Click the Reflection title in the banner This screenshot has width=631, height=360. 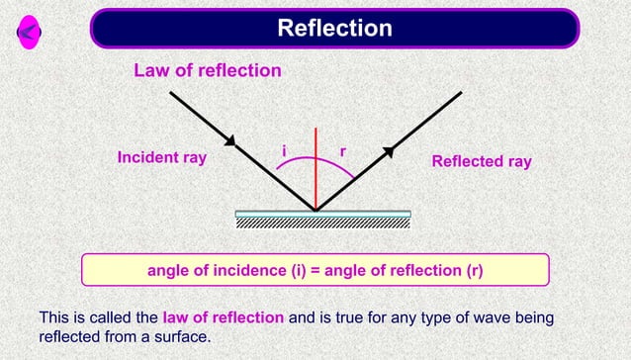coord(334,28)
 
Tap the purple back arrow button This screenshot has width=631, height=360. coord(29,34)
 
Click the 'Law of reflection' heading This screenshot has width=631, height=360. coord(208,71)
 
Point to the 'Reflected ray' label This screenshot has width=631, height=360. coord(482,161)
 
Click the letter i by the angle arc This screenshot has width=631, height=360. coord(284,150)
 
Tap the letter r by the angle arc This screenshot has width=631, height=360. coord(342,151)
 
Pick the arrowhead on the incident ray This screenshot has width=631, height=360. coord(230,141)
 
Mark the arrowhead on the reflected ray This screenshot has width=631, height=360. coord(390,150)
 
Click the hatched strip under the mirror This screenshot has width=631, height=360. coord(323,223)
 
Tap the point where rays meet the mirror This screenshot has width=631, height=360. coord(315,210)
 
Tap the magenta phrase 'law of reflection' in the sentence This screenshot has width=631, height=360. coord(224,317)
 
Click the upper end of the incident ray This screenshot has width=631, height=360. coord(171,92)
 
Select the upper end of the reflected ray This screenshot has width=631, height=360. coord(461,92)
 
